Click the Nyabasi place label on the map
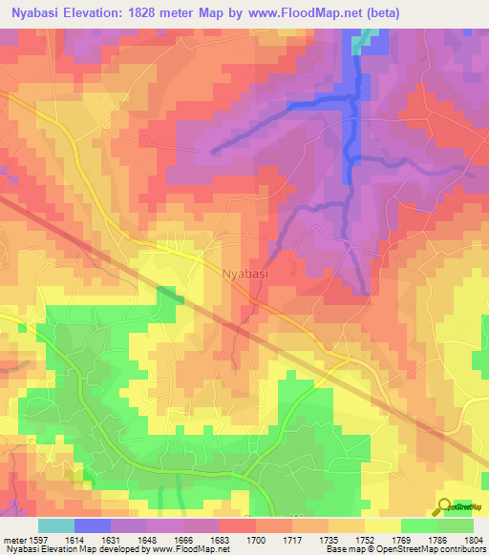[245, 273]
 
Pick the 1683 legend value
[222, 538]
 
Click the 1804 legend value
[474, 538]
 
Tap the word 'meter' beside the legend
[12, 538]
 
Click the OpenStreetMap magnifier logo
[444, 506]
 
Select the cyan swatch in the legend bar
[56, 525]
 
